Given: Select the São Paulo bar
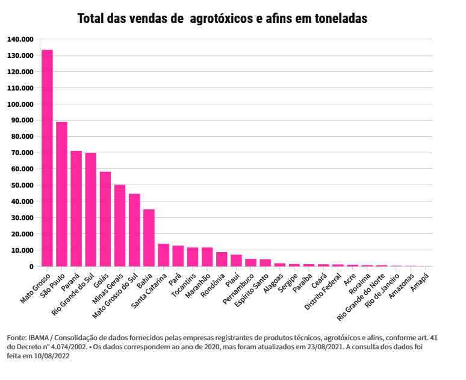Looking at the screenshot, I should click(61, 194).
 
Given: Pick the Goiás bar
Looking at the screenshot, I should click(105, 219).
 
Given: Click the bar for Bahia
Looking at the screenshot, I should click(149, 238).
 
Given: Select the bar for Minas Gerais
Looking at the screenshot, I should click(120, 225).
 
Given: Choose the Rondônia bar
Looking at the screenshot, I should click(222, 259).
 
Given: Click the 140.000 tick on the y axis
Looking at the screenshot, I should click(20, 39).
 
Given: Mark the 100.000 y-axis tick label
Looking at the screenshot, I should click(20, 104).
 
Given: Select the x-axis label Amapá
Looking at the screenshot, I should click(420, 281).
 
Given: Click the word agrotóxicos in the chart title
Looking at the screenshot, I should click(221, 19).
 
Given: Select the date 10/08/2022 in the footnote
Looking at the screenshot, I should click(52, 356).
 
